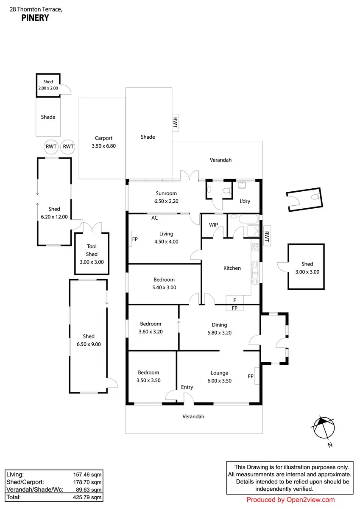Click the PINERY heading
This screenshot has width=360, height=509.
click(35, 18)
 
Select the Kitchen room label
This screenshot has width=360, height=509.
click(232, 268)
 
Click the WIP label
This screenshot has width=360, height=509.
click(213, 225)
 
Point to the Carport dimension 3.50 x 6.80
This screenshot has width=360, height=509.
click(103, 146)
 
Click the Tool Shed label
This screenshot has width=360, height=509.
click(92, 250)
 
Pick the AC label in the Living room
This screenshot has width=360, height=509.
click(155, 218)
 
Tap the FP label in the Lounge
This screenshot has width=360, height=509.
click(251, 376)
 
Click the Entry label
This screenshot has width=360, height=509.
click(187, 387)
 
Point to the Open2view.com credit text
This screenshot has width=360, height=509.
click(290, 500)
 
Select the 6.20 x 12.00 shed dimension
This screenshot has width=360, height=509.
click(54, 216)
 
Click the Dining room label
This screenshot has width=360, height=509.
click(220, 325)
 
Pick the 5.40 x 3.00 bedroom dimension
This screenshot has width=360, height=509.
click(164, 287)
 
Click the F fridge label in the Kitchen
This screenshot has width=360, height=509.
click(234, 300)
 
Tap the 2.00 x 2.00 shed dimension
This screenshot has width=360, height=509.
click(47, 88)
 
